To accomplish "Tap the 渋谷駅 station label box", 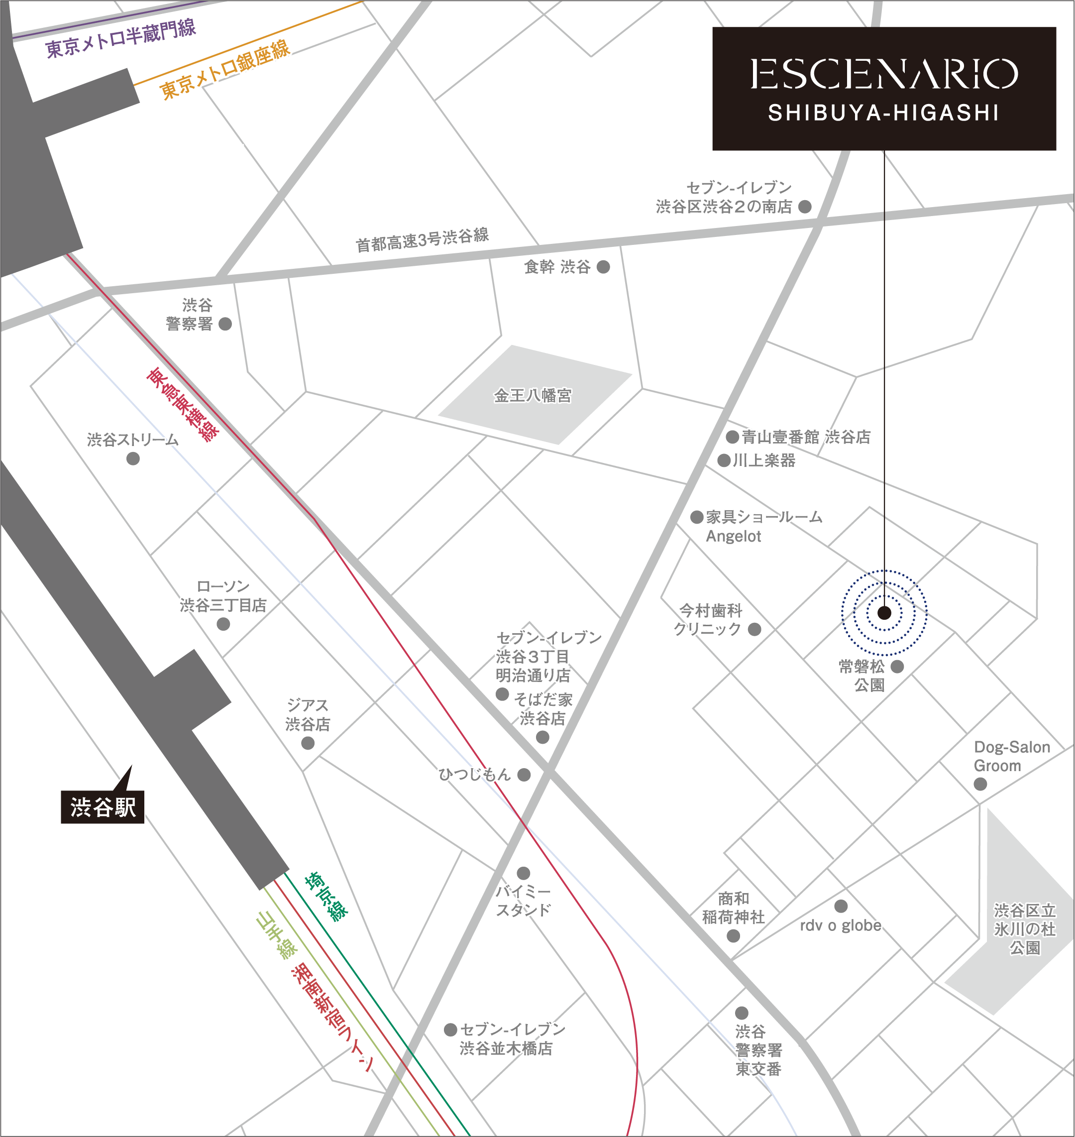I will click(103, 807).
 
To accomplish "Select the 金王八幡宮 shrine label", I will click(533, 395).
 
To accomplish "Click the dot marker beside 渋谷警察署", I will click(225, 324).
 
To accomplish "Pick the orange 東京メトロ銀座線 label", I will click(224, 70).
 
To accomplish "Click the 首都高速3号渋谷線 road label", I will click(423, 239).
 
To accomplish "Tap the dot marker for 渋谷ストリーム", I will click(133, 458).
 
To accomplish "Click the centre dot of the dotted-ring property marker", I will click(884, 613).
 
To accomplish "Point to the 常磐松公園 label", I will click(862, 676).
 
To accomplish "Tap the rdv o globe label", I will click(840, 925).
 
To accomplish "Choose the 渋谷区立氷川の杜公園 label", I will click(1024, 929).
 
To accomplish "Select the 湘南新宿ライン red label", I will click(333, 1017).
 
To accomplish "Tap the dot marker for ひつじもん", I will click(524, 775).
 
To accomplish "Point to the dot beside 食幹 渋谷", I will click(603, 266).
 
